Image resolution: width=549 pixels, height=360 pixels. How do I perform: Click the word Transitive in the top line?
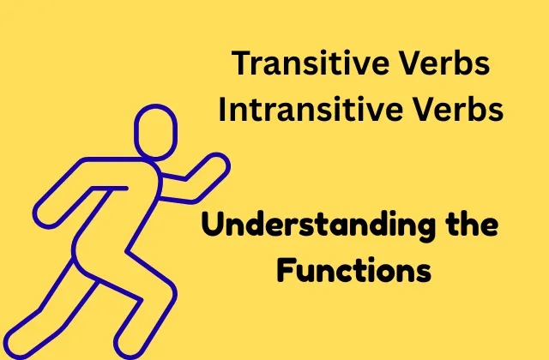click(310, 63)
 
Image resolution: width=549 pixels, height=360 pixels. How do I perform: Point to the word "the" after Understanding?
click(473, 224)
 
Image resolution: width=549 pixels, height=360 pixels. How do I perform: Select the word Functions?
click(354, 270)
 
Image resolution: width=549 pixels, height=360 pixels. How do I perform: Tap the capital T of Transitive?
click(241, 63)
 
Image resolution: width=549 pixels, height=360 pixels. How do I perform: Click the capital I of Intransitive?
click(222, 109)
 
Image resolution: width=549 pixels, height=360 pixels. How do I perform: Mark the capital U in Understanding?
click(213, 225)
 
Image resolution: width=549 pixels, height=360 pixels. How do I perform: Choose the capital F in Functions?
click(286, 270)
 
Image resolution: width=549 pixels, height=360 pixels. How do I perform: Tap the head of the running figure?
click(156, 132)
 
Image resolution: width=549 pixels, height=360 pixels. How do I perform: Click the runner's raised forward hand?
click(217, 165)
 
